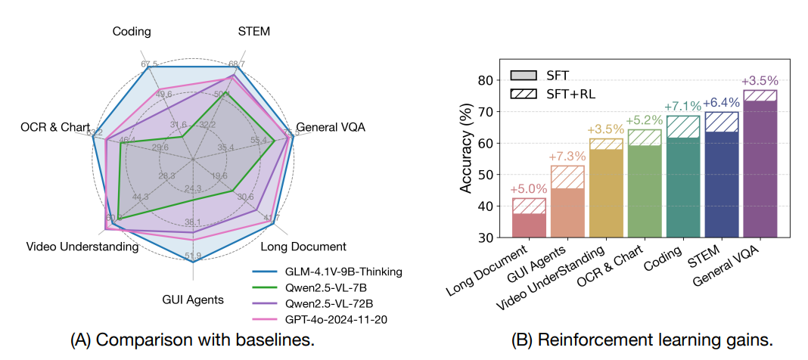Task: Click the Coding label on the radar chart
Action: (x=132, y=31)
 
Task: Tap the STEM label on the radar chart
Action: (x=253, y=31)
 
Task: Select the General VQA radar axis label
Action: (x=330, y=127)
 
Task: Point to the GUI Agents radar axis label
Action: (x=193, y=299)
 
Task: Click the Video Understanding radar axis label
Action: (x=82, y=247)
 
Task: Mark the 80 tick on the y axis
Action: (x=489, y=81)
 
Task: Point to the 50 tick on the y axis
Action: (x=489, y=175)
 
